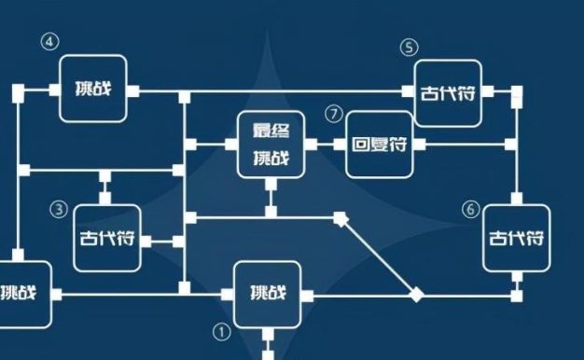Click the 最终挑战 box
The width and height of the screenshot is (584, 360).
[271, 145]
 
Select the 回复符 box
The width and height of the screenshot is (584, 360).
[380, 145]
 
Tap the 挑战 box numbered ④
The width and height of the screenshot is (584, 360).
[92, 89]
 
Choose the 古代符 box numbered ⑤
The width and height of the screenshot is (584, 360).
[448, 92]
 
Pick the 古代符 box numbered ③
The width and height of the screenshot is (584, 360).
[106, 238]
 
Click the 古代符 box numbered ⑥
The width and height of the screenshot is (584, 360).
[516, 237]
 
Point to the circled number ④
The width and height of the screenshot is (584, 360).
[49, 42]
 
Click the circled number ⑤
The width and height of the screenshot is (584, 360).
[409, 47]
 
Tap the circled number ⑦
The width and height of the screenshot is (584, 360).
[334, 114]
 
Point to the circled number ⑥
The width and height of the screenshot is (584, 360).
[470, 209]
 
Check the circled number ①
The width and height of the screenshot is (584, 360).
[221, 330]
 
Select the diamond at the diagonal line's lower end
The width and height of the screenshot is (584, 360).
[417, 295]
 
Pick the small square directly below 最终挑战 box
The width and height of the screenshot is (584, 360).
[271, 184]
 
